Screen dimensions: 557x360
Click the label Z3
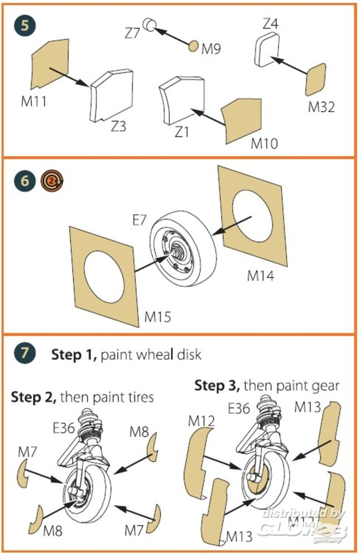pyautogui.click(x=118, y=126)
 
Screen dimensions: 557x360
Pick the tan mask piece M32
pyautogui.click(x=316, y=79)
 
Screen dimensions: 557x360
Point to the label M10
pyautogui.click(x=264, y=143)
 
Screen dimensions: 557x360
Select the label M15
pyautogui.click(x=158, y=317)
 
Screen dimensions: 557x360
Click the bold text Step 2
pyautogui.click(x=33, y=398)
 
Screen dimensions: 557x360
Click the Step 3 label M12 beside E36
pyautogui.click(x=202, y=421)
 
